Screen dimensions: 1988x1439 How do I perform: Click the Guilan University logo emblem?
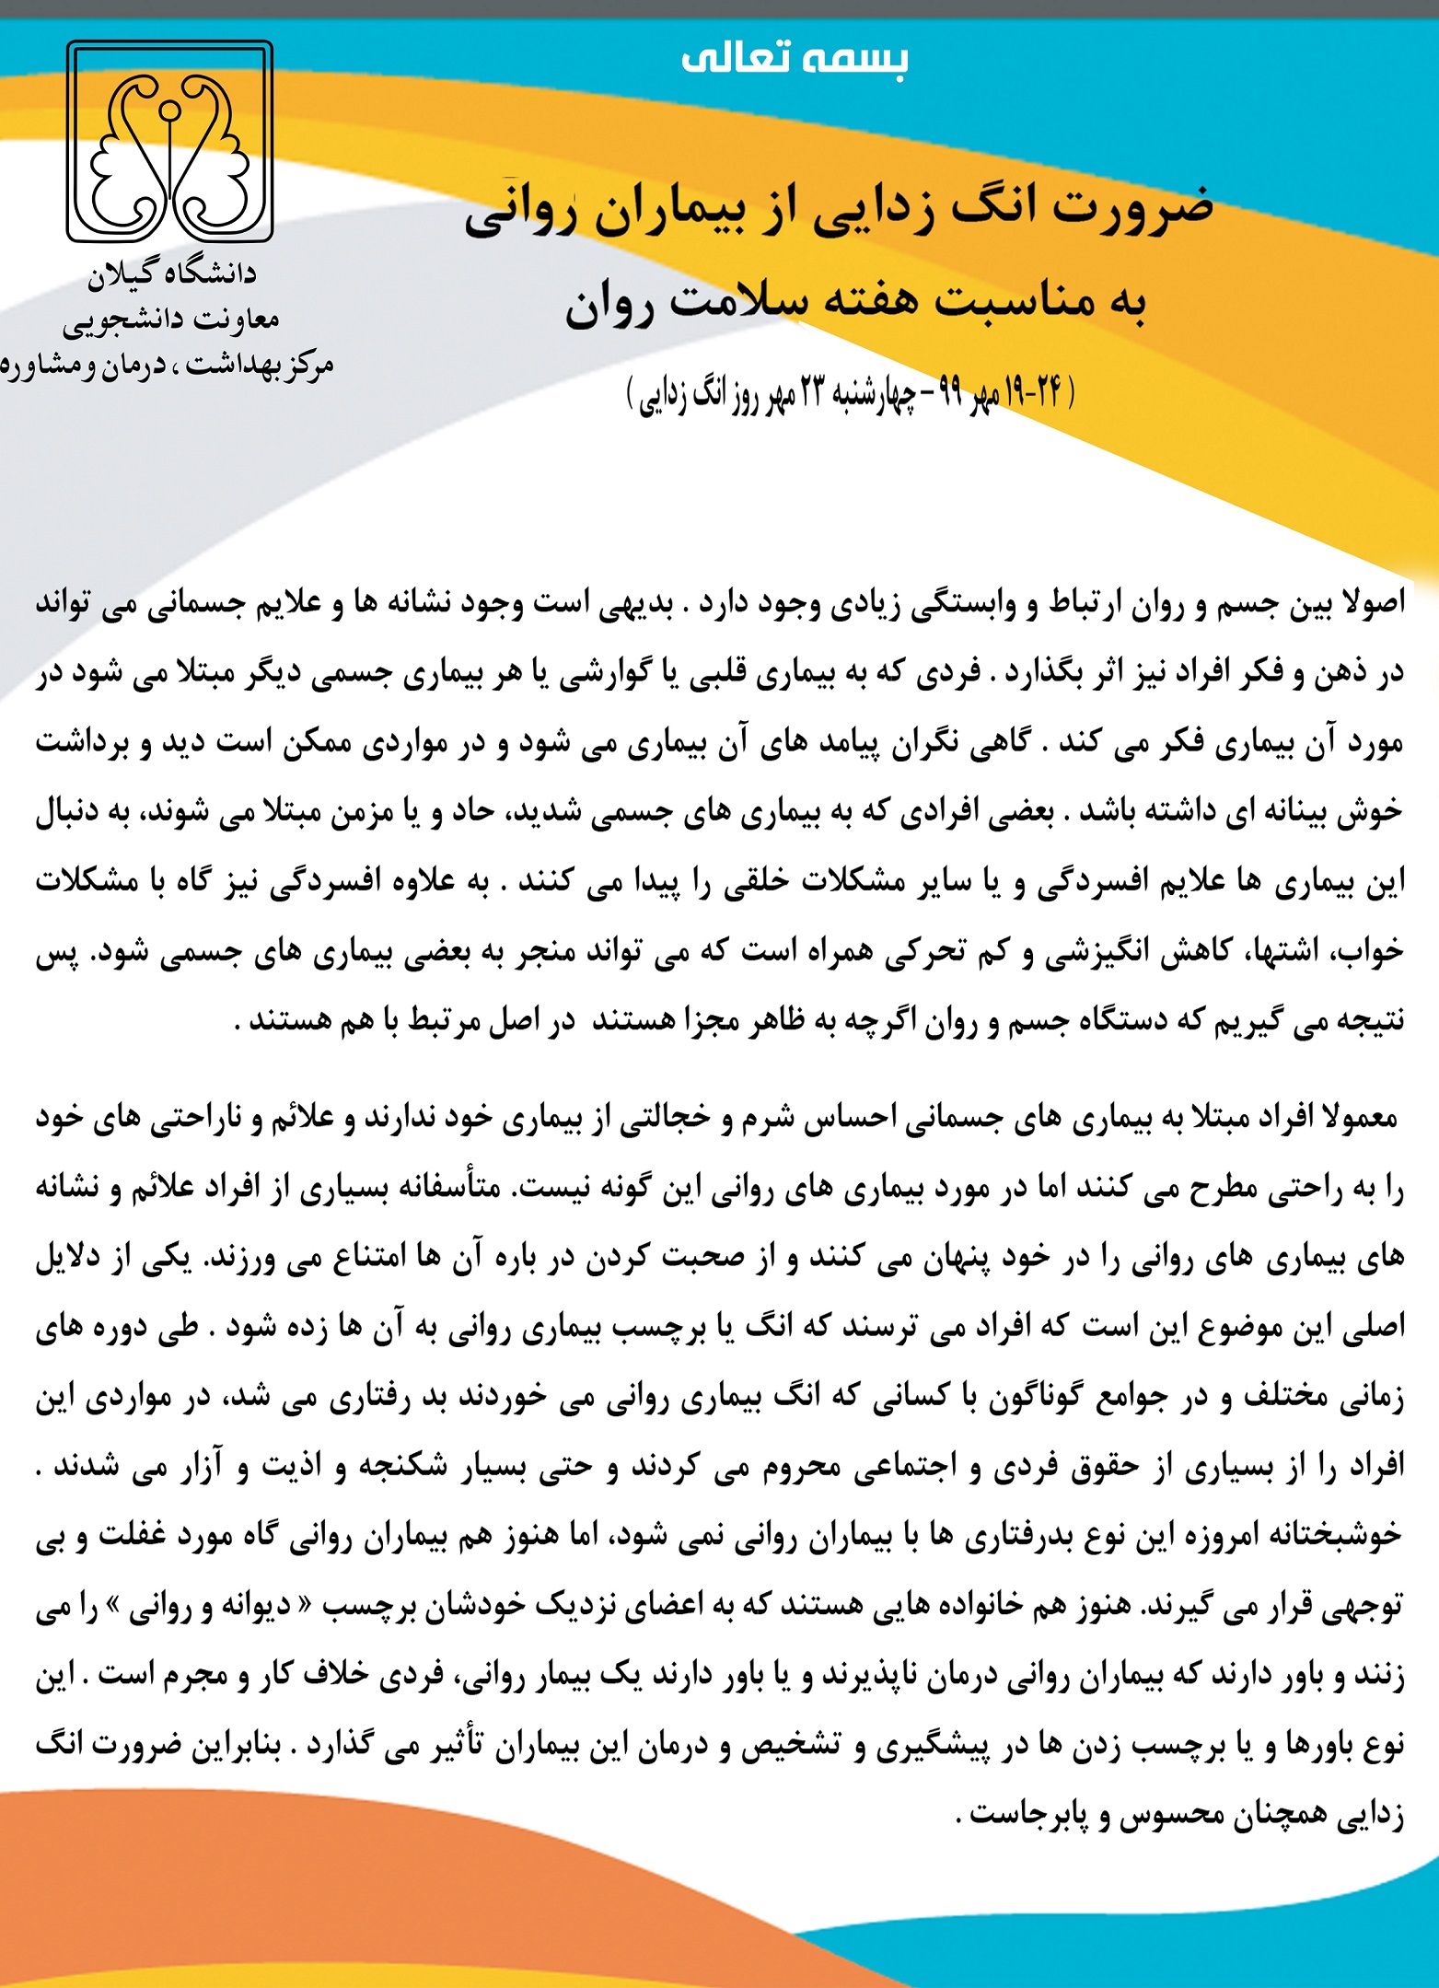point(169,141)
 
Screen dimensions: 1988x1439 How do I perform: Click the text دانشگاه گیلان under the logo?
point(172,274)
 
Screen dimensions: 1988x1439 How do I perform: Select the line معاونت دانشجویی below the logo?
point(171,320)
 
